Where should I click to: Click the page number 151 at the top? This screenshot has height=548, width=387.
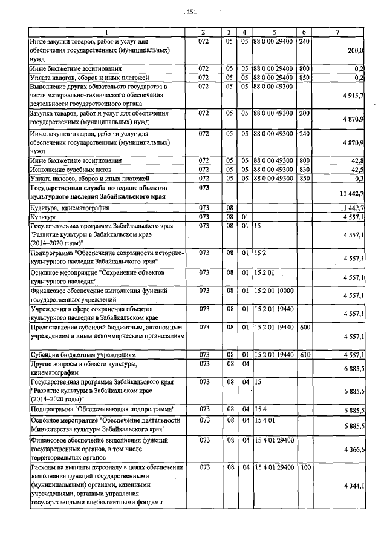[x=192, y=12]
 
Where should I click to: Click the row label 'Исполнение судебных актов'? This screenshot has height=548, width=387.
[x=67, y=170]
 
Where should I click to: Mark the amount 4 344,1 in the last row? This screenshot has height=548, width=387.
[x=353, y=486]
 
